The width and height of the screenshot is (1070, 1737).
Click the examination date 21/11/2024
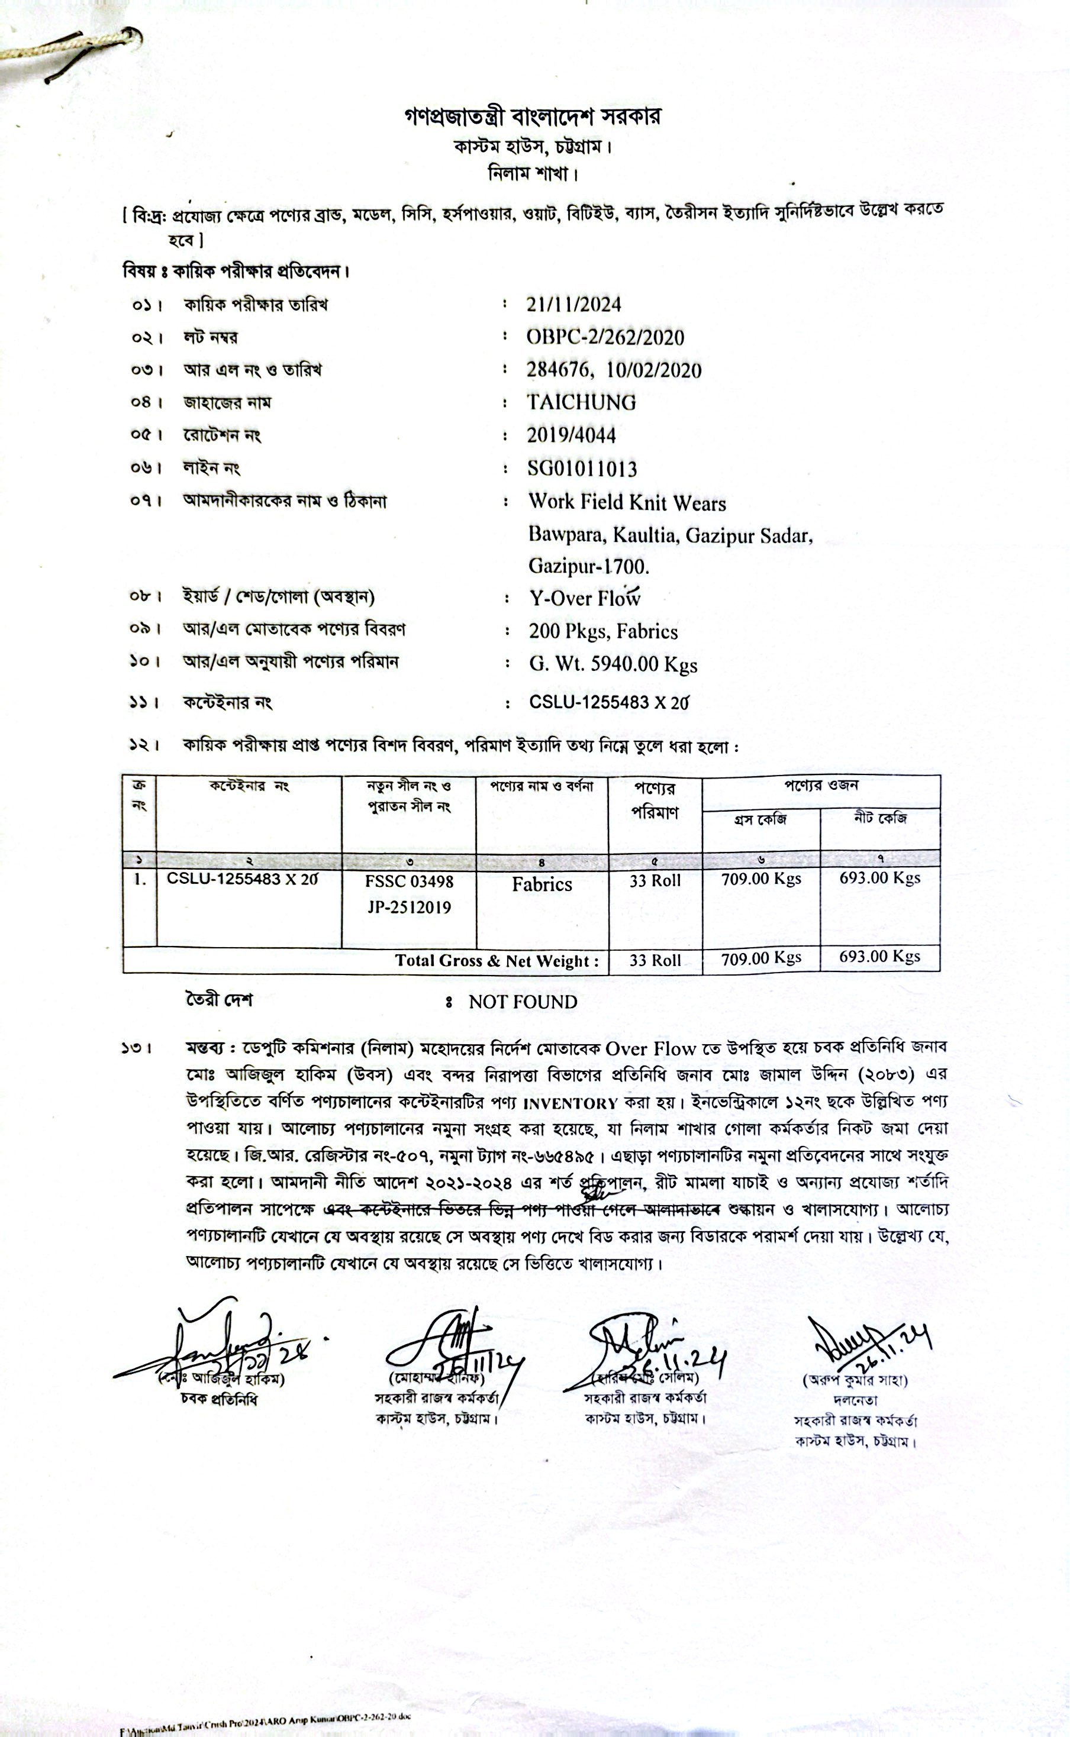pos(574,305)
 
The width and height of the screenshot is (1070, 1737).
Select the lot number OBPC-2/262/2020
pos(605,337)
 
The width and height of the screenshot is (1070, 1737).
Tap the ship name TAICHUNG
pos(581,402)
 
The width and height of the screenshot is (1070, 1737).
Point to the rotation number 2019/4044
pos(571,435)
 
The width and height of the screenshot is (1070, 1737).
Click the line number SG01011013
pos(582,468)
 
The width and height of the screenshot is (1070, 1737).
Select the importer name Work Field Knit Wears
pos(627,503)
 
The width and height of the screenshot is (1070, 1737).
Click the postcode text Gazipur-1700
pos(589,566)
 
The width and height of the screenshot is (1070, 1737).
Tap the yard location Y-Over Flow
pos(585,598)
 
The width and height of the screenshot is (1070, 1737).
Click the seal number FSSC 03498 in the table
pos(409,882)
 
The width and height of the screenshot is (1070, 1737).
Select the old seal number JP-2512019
pos(409,908)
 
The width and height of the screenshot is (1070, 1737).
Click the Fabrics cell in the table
pos(542,884)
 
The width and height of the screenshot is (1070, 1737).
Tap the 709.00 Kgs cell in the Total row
pos(760,958)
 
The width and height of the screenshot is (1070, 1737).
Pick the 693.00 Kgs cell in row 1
pos(879,879)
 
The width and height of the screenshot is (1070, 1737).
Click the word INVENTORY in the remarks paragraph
pos(571,1103)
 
